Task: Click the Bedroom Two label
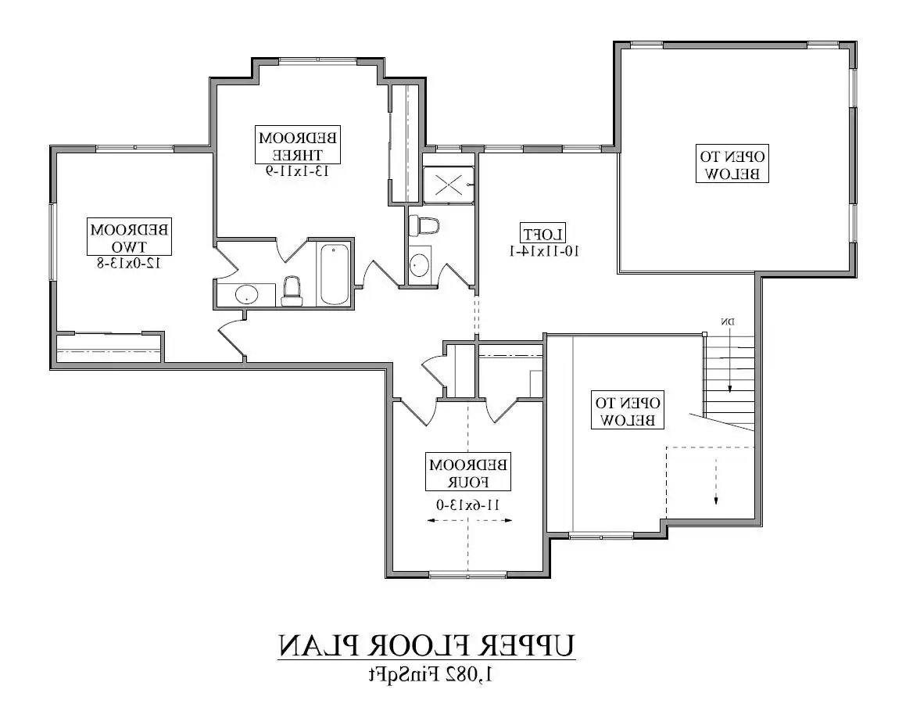coord(129,237)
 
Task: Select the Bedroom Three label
coord(298,145)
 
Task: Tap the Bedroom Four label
coord(468,472)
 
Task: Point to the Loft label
coord(543,235)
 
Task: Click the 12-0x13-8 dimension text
coord(129,264)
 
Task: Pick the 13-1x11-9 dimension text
coord(298,171)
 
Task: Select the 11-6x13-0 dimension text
coord(468,505)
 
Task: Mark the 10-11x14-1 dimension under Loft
coord(544,251)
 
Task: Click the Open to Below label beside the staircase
coord(627,411)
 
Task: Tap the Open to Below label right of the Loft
coord(732,163)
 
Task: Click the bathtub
coord(335,274)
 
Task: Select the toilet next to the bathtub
coord(292,292)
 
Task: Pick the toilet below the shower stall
coord(424,225)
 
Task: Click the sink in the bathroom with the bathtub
coord(247,294)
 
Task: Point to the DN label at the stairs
coord(728,321)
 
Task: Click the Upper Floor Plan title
coord(426,646)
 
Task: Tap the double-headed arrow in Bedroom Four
coord(469,520)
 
